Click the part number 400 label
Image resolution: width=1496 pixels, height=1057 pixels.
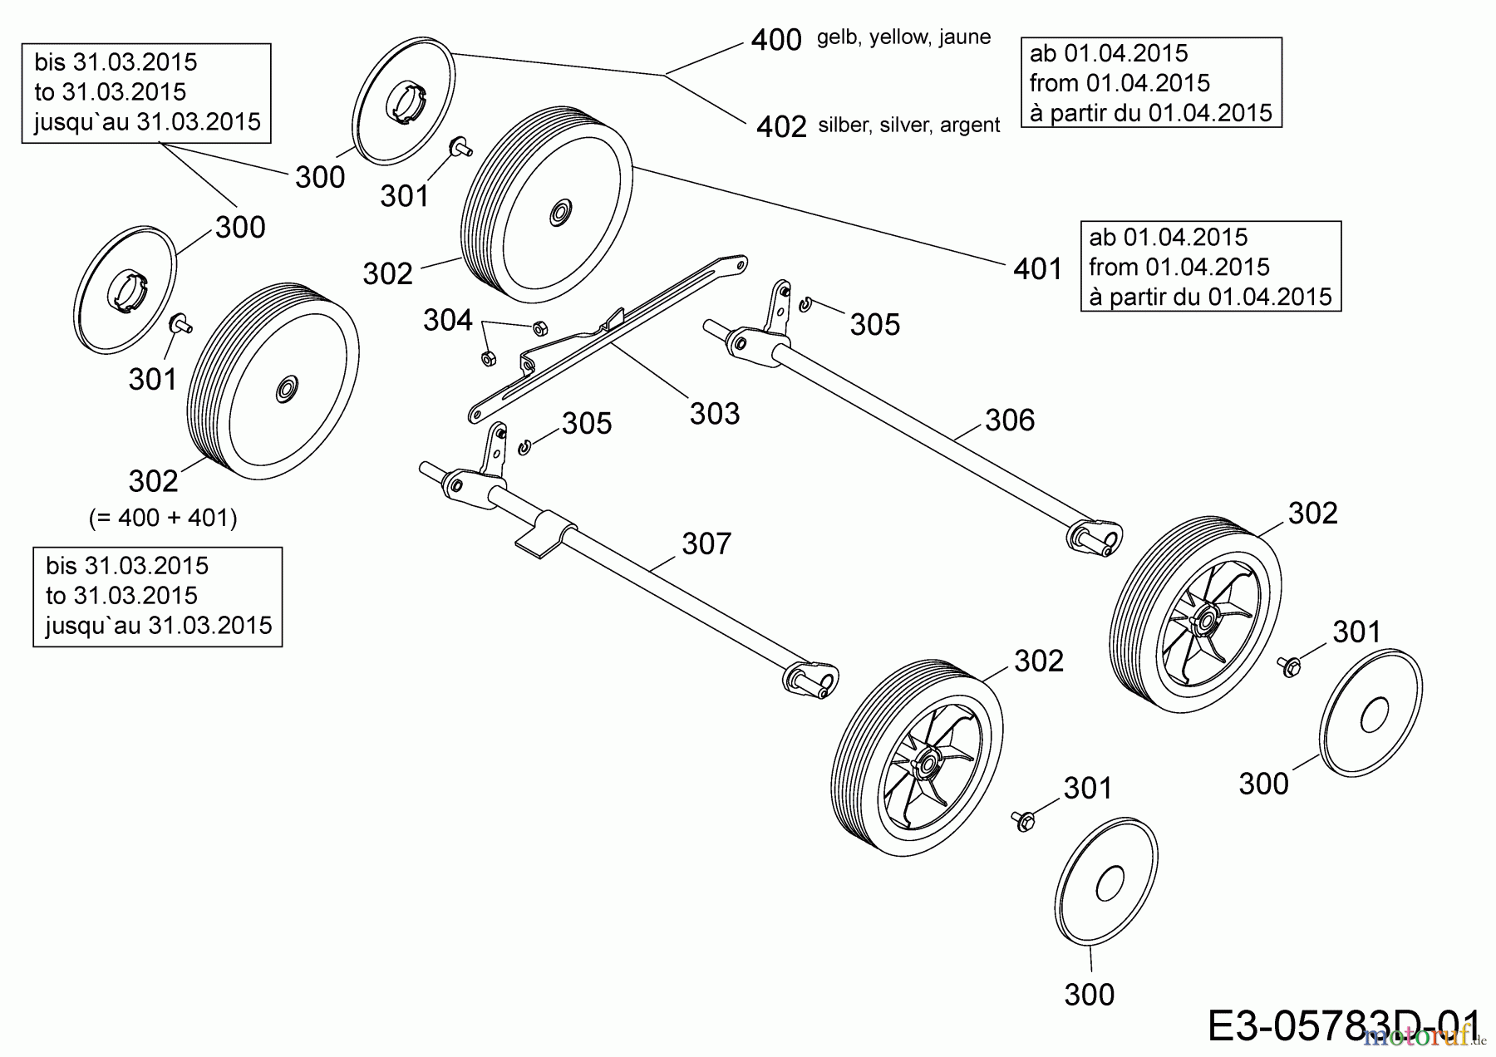pos(776,40)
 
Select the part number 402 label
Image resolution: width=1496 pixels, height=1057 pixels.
pos(781,126)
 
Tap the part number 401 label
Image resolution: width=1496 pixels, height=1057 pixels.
pos(1038,269)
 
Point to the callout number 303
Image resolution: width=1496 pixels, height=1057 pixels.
pos(714,413)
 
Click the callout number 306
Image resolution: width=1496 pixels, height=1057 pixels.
pos(1010,420)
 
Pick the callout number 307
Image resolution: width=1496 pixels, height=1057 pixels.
pos(706,544)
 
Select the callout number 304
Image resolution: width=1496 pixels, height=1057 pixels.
pos(447,320)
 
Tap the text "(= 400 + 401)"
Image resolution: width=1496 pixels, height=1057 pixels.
pos(163,518)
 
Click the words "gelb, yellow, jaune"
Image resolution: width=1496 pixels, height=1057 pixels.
pos(903,37)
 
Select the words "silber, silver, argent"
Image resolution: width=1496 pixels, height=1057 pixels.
pos(909,125)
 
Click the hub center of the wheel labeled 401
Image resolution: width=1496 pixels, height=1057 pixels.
pos(556,212)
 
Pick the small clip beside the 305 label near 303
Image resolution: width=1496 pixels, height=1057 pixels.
pos(524,449)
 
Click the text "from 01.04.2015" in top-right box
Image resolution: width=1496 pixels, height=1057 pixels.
pos(1120,83)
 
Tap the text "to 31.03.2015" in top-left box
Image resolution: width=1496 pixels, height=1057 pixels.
pos(110,92)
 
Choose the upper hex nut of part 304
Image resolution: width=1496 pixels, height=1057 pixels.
pos(538,327)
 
